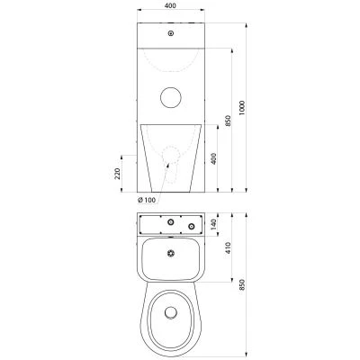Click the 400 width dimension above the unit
click(x=170, y=5)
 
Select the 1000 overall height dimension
click(x=242, y=108)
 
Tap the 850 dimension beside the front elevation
click(x=228, y=121)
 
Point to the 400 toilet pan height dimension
click(x=213, y=158)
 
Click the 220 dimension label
click(x=117, y=174)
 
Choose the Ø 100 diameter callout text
click(x=147, y=200)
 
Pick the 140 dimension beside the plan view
click(x=213, y=224)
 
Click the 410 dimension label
click(x=228, y=247)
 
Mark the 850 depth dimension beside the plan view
click(x=242, y=284)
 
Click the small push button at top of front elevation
click(x=171, y=33)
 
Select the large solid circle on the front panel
click(x=171, y=97)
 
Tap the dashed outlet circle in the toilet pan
click(x=171, y=155)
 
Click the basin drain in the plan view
click(x=171, y=254)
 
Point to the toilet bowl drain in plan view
click(x=171, y=312)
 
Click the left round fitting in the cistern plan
click(x=171, y=222)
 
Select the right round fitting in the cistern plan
click(x=191, y=226)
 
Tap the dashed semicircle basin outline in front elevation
click(x=171, y=71)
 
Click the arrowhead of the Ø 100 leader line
click(x=167, y=165)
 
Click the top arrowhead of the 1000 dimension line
click(x=247, y=25)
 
